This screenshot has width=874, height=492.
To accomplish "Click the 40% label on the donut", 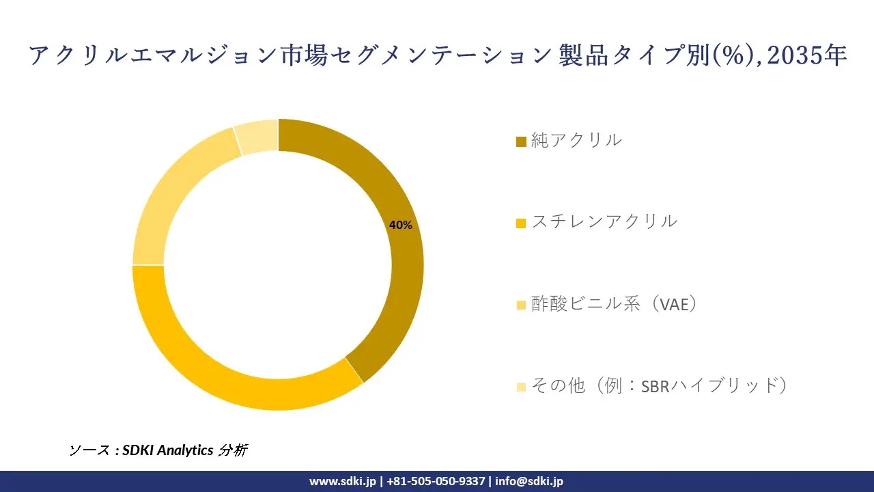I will coord(400,225).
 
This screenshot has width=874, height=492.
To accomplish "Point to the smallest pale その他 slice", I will coord(257,135).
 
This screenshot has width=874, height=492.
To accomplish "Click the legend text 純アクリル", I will coord(576,140).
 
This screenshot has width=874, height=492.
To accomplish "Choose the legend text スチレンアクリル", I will coord(604,221).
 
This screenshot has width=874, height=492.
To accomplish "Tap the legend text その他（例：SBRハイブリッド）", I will coord(660,385).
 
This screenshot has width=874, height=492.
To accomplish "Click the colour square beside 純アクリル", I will coord(521,141).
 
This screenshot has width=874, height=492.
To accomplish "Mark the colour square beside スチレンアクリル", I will coord(521,223).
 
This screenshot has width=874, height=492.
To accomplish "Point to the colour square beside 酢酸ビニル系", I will coord(521,305).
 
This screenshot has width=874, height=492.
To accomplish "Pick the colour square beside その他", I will coord(521,387).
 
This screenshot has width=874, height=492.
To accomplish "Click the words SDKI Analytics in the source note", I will coord(167,450).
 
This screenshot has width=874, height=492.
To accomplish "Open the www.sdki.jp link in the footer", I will coord(342,481).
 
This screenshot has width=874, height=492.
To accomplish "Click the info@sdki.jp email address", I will coord(529,481).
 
